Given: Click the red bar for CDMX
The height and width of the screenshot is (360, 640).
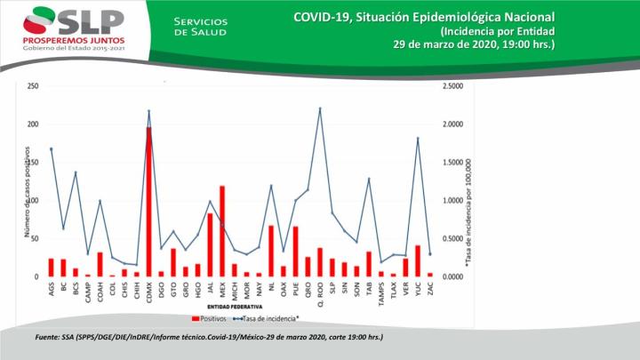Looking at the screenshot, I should [x=148, y=204].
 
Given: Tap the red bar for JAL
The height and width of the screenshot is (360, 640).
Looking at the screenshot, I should [x=210, y=245].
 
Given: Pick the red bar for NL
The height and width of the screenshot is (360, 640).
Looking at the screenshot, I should [x=271, y=252].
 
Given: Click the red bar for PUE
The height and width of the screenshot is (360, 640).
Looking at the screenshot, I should [x=295, y=252].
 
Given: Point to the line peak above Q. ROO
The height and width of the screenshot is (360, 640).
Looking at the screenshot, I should [x=320, y=108].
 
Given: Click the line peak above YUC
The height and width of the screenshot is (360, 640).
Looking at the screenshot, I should [x=418, y=138].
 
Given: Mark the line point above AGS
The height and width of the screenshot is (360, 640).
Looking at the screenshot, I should [x=51, y=148].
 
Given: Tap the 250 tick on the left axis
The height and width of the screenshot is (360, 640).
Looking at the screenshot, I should [x=32, y=86].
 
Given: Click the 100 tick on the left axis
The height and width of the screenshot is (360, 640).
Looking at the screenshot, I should [x=32, y=201].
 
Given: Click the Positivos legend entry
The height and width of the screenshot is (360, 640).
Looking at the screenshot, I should [x=208, y=316].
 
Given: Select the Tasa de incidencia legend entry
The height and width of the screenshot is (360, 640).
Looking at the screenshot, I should [x=267, y=316].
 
